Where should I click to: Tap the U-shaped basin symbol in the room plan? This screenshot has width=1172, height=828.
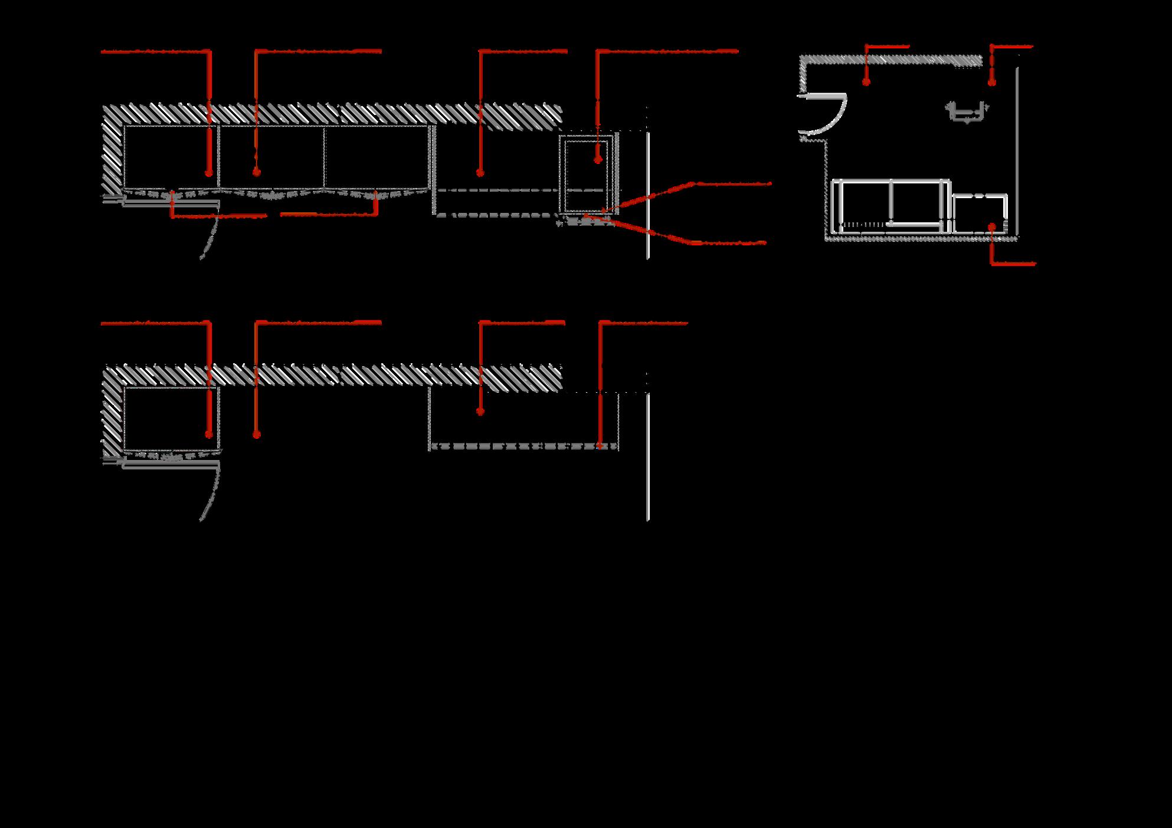pyautogui.click(x=967, y=112)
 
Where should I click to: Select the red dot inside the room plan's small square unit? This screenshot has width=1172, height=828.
pyautogui.click(x=993, y=226)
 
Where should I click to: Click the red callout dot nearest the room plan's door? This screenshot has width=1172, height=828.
pyautogui.click(x=866, y=82)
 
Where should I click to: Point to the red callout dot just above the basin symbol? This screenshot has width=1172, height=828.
pyautogui.click(x=992, y=82)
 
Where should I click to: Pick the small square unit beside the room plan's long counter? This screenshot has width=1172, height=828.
pyautogui.click(x=980, y=213)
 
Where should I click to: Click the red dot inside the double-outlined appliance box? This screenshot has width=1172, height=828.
pyautogui.click(x=598, y=159)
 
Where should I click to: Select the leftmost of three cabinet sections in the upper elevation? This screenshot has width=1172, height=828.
pyautogui.click(x=171, y=156)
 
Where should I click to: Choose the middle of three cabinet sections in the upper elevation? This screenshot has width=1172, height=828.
pyautogui.click(x=271, y=156)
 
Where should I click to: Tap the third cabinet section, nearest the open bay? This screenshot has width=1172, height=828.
pyautogui.click(x=375, y=156)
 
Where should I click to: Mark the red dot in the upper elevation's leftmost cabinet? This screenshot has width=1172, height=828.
pyautogui.click(x=208, y=173)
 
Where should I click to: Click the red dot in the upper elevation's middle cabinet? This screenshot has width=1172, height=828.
pyautogui.click(x=257, y=172)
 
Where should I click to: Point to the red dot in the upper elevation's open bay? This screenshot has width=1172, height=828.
pyautogui.click(x=480, y=173)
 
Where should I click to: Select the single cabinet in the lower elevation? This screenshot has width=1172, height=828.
pyautogui.click(x=171, y=418)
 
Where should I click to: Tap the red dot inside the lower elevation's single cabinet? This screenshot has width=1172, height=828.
pyautogui.click(x=208, y=435)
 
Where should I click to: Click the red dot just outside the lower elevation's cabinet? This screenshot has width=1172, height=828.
pyautogui.click(x=257, y=435)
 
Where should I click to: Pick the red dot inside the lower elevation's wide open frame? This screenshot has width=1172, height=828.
pyautogui.click(x=480, y=412)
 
